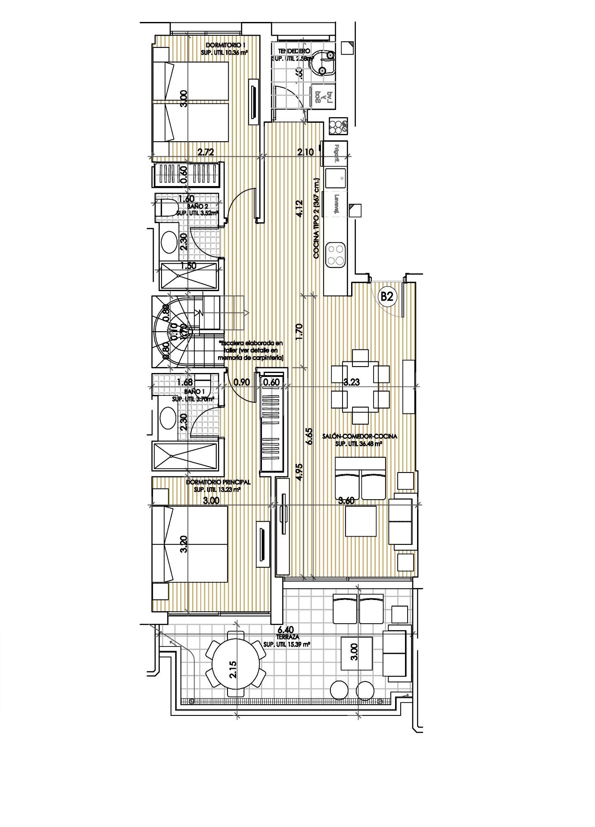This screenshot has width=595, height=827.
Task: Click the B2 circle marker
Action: coord(386,297)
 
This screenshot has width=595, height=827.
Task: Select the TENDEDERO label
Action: coord(294,51)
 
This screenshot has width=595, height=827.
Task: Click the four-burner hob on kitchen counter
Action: coord(336,254)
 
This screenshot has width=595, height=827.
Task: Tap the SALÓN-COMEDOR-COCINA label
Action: coord(359,436)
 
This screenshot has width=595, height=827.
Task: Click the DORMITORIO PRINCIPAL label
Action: coord(218,483)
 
